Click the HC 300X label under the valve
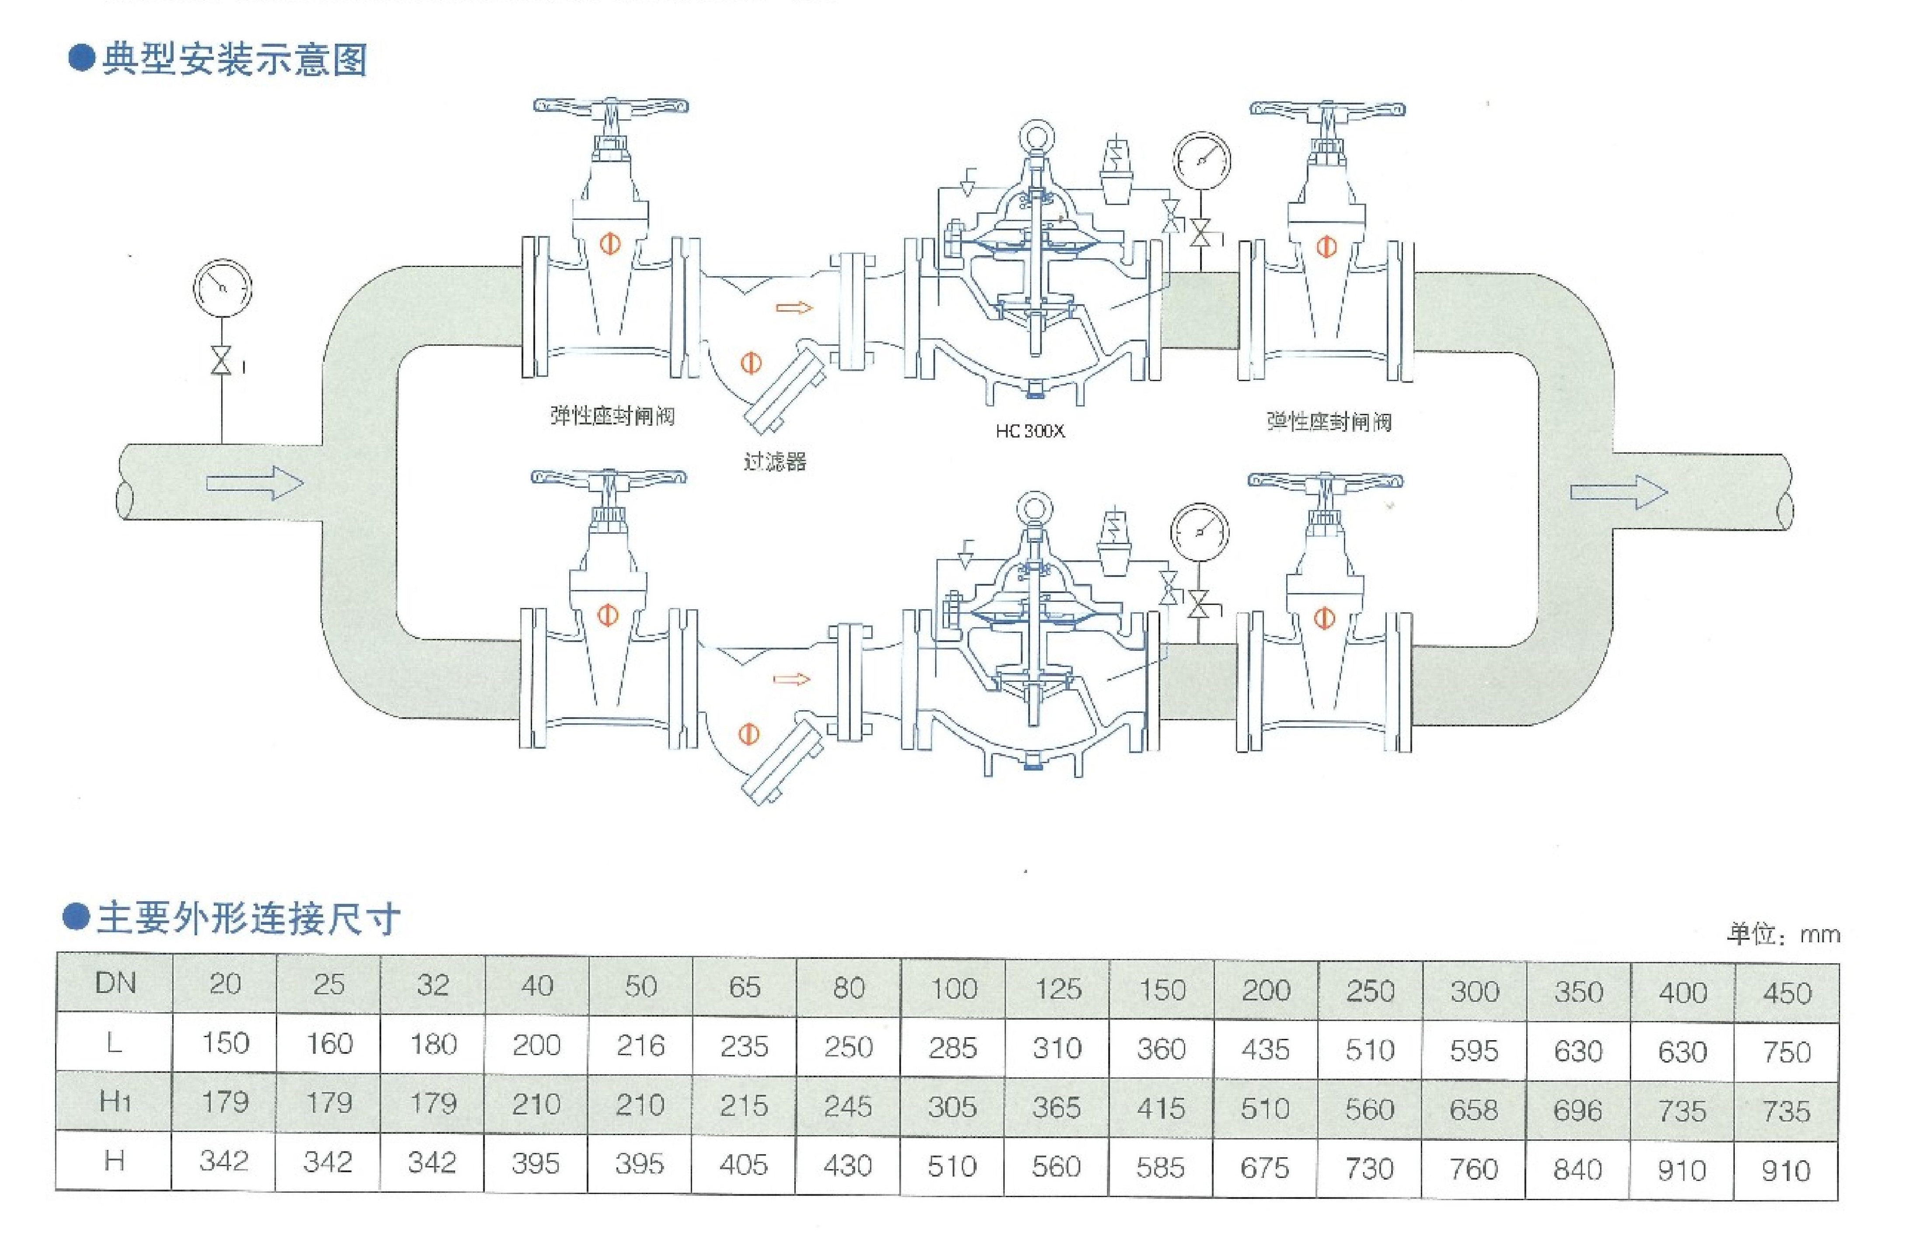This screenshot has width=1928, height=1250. [x=1030, y=431]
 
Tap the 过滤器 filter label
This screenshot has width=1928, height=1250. [x=774, y=462]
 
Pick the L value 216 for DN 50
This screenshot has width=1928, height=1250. [x=640, y=1046]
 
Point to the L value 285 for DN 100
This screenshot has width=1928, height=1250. [x=953, y=1048]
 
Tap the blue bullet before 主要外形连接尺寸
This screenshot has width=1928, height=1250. [x=76, y=918]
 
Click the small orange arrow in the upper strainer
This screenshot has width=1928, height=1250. [x=793, y=308]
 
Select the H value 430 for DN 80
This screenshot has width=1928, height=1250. [x=847, y=1166]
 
